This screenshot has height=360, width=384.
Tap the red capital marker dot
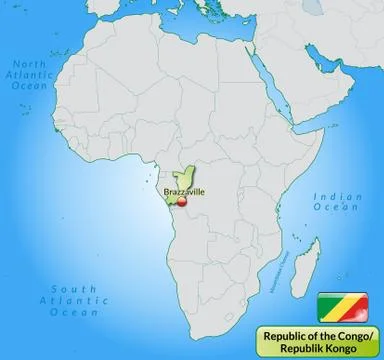(181, 200)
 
